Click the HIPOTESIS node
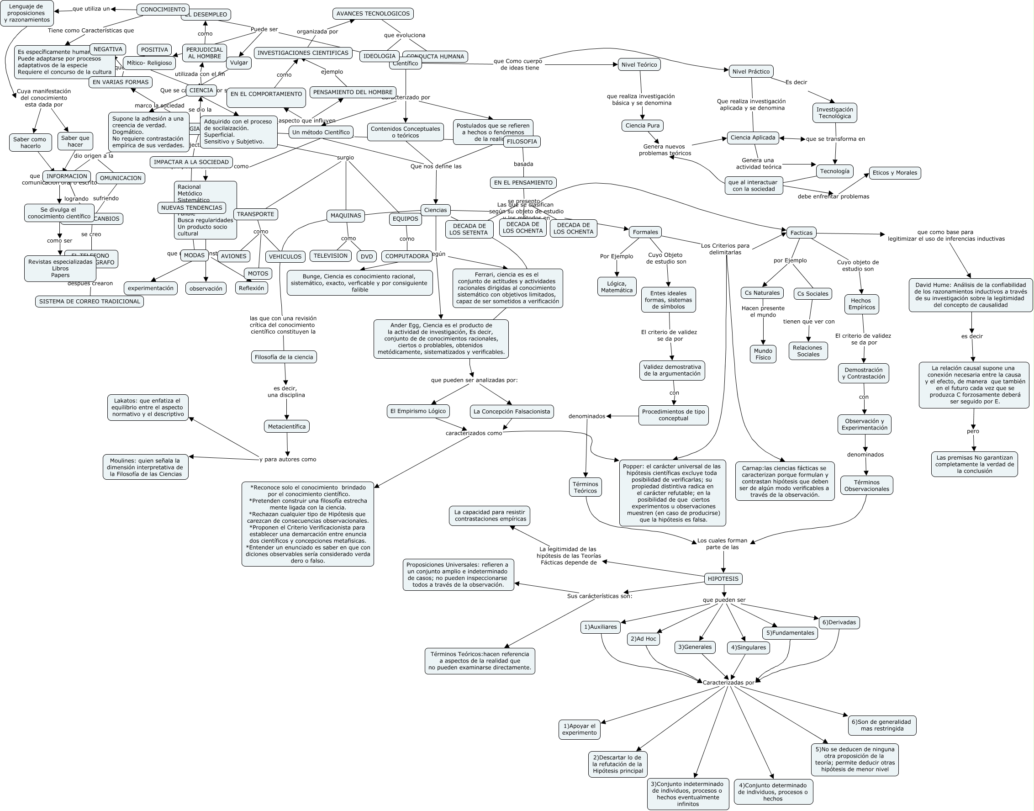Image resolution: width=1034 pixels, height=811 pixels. (x=723, y=578)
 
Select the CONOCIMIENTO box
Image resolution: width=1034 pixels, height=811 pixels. (x=163, y=10)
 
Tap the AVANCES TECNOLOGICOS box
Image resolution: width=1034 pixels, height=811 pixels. (x=373, y=14)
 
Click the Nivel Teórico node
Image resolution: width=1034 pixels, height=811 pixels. (x=639, y=64)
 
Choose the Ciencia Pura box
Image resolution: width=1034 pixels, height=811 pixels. (x=642, y=125)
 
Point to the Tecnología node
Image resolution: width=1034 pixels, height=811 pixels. (x=834, y=171)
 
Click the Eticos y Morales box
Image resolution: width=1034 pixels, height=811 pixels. (x=895, y=173)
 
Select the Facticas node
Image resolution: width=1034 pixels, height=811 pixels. (x=801, y=233)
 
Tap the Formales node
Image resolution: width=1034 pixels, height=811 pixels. (x=645, y=232)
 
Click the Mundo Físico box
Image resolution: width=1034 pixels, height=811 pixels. (x=763, y=354)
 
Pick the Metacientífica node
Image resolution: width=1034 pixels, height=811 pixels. (x=287, y=426)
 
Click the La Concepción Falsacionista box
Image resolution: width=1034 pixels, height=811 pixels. (x=512, y=412)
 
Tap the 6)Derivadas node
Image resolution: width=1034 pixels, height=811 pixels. (x=839, y=622)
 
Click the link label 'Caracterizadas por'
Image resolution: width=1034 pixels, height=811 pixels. (x=728, y=682)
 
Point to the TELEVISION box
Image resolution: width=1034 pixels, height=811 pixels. (x=330, y=256)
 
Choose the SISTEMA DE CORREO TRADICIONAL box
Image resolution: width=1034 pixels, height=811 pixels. (x=89, y=302)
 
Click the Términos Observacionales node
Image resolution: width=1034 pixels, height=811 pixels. (x=866, y=485)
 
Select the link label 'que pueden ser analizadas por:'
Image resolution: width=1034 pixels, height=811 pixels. (x=474, y=380)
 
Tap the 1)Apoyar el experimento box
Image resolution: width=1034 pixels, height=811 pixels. (x=579, y=729)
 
